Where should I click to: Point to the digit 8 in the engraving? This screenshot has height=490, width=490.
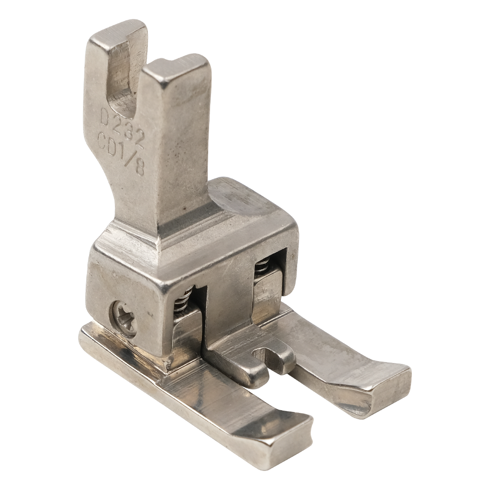139,169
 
